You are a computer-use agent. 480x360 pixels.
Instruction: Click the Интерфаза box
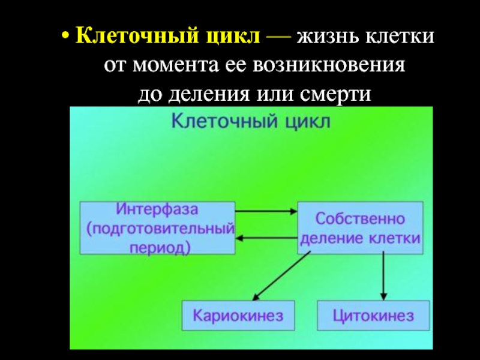coord(157,228)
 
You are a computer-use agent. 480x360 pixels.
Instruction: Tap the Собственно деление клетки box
coord(360,228)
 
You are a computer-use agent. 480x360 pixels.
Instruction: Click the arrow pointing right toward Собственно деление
coord(266,211)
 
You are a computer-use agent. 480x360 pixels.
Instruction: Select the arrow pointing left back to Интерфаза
coord(266,239)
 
